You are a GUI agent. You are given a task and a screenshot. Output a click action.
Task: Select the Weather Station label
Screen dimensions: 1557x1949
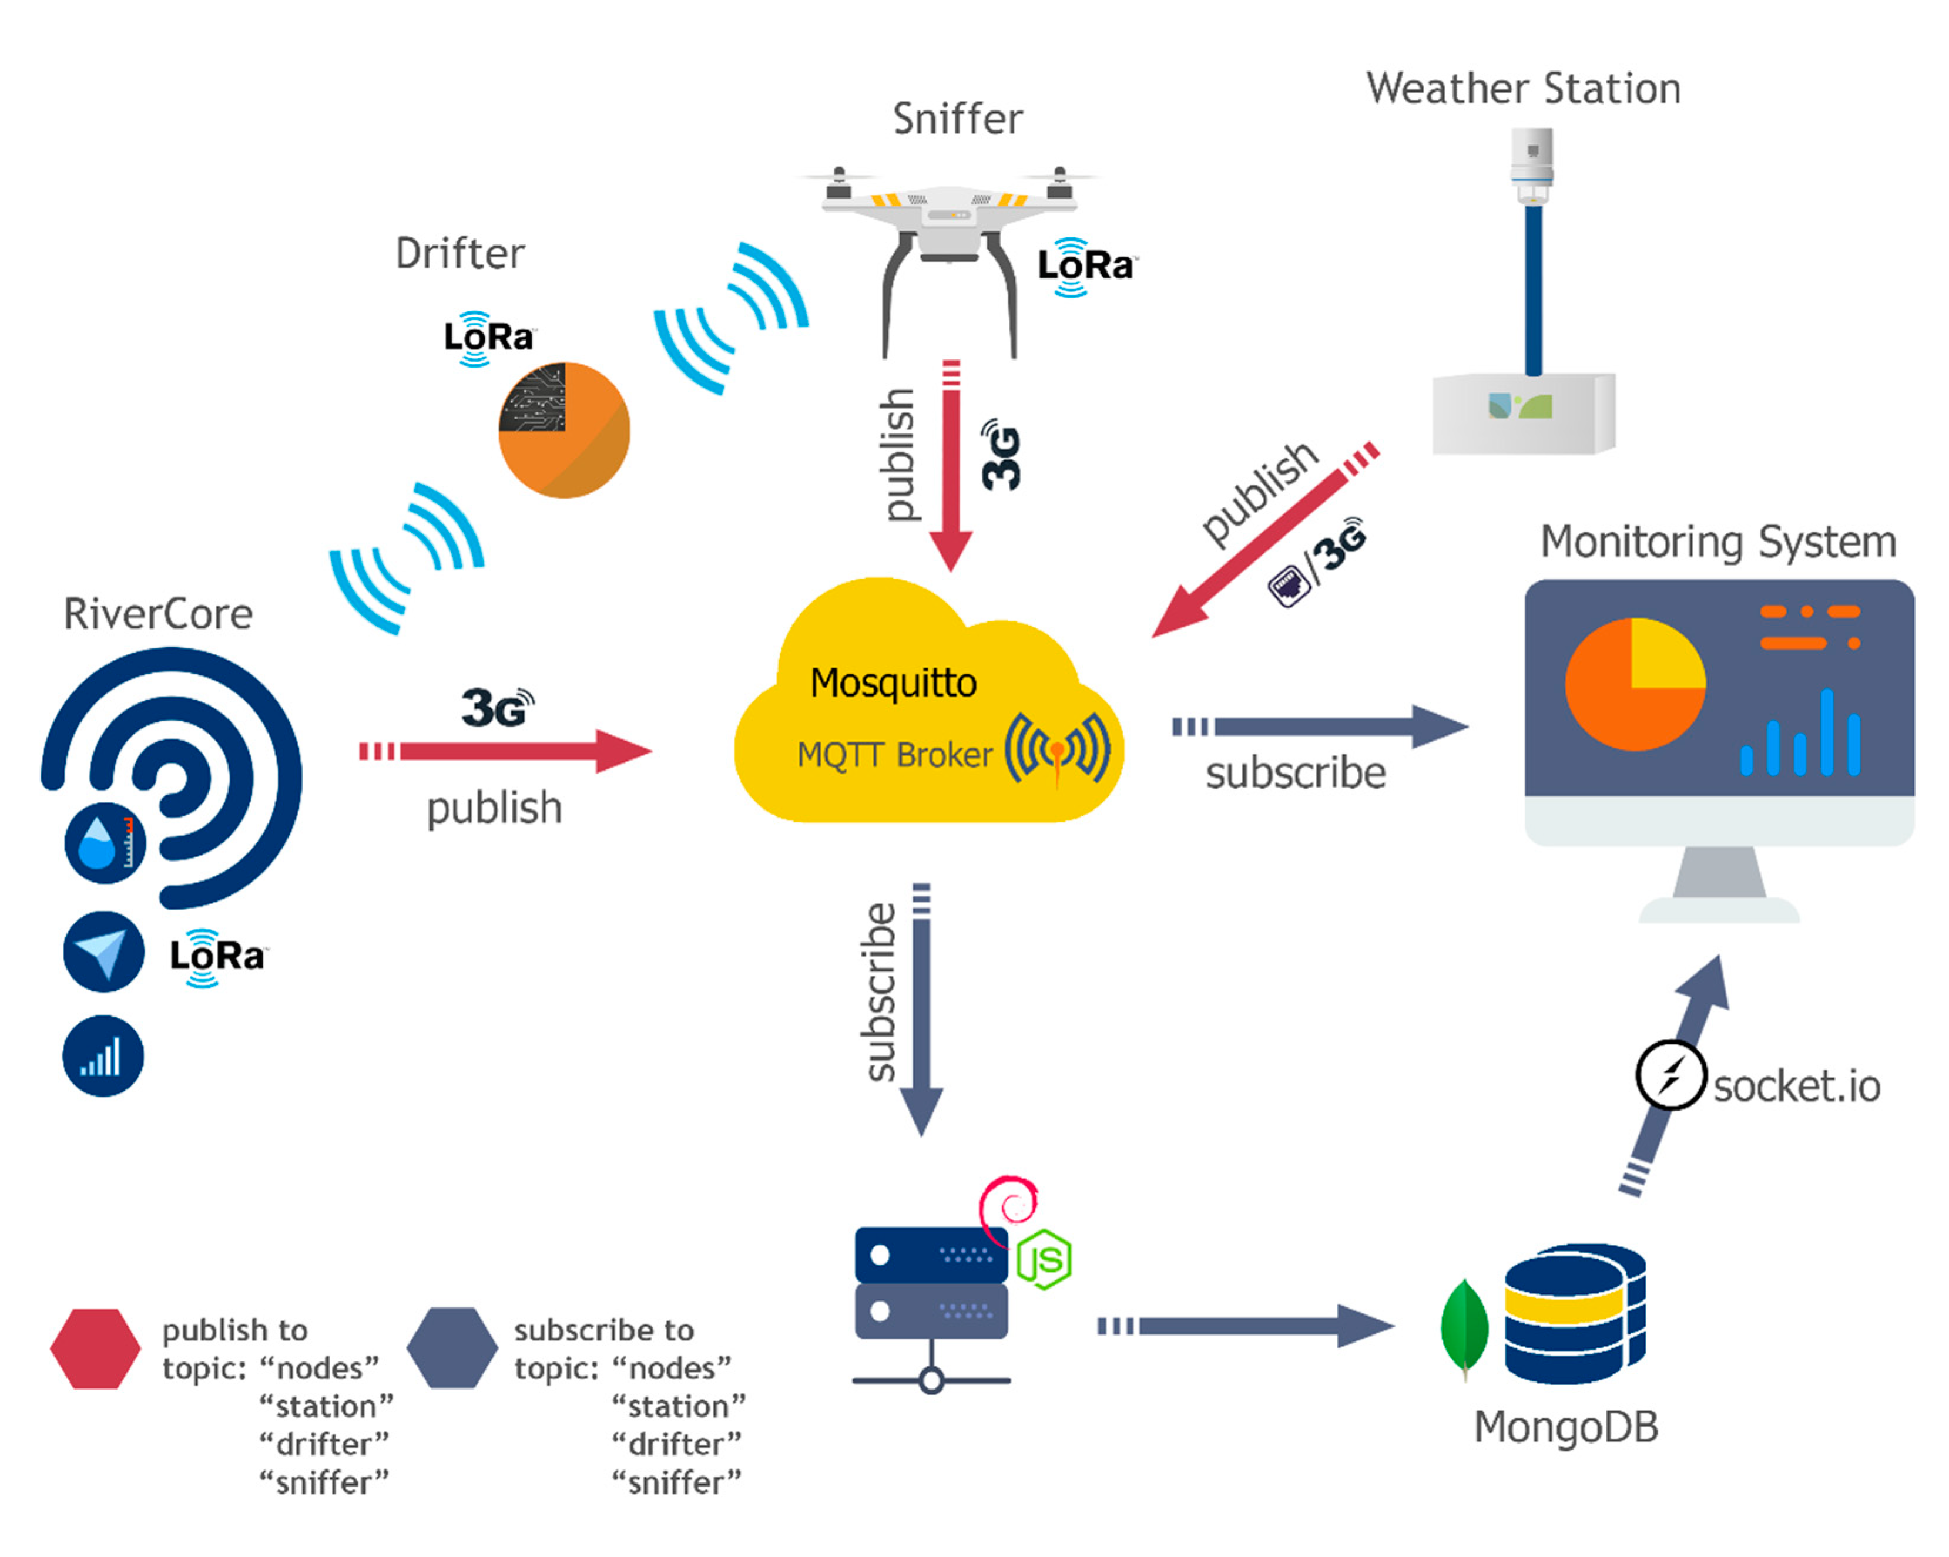(1523, 89)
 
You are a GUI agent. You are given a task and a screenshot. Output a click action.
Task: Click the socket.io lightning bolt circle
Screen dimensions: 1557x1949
(1670, 1075)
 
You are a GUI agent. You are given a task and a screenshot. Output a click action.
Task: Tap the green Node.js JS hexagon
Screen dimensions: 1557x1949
(1044, 1259)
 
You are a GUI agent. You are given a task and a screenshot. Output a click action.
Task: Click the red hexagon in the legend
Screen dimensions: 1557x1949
(95, 1348)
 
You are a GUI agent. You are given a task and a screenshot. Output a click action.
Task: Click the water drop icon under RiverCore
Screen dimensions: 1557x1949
(104, 842)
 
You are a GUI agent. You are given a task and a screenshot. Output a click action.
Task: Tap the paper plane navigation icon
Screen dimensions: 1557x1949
(103, 951)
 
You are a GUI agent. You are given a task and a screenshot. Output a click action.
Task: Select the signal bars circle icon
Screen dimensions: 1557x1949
(102, 1055)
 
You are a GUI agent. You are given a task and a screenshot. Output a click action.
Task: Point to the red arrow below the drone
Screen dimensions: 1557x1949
(951, 470)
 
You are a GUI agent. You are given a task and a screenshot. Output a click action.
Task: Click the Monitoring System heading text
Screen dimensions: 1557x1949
(1717, 542)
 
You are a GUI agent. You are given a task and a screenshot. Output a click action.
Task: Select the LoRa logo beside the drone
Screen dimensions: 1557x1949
(1084, 267)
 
